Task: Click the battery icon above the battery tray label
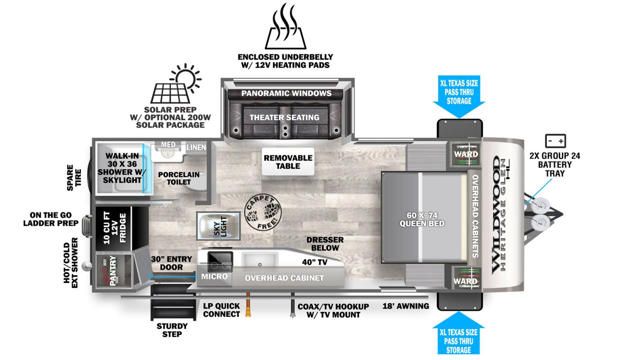[555, 141]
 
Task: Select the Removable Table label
[288, 162]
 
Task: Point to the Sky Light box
[218, 226]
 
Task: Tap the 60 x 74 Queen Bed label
[422, 219]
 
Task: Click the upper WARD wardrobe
[466, 154]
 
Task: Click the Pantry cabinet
[114, 270]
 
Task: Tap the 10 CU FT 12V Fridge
[114, 228]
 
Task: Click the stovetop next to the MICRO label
[220, 262]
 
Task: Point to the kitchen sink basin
[260, 260]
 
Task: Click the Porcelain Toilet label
[179, 178]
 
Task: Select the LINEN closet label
[196, 148]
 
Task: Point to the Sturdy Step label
[172, 330]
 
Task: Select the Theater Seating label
[284, 118]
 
